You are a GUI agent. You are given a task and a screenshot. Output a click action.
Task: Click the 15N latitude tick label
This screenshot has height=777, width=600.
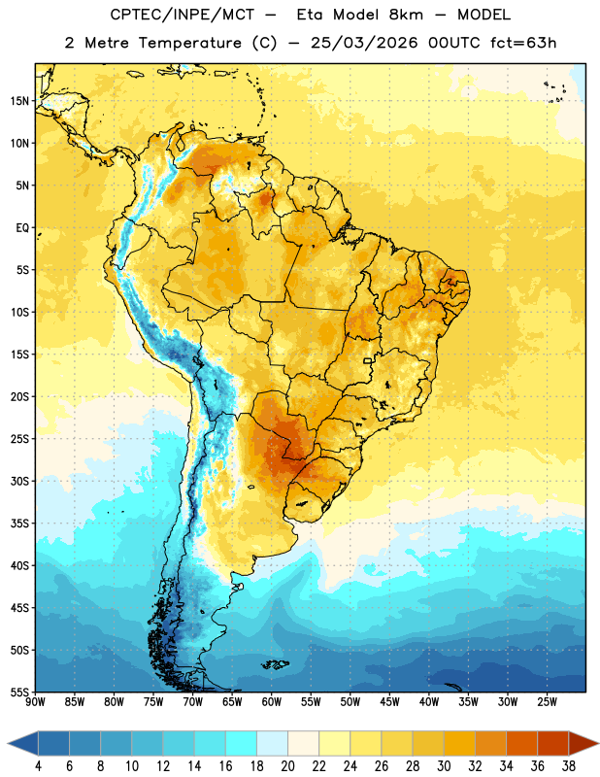click(20, 101)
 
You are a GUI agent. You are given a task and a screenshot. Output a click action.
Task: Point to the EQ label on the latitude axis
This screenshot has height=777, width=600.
click(22, 228)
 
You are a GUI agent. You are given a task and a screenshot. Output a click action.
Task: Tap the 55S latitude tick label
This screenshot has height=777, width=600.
click(20, 692)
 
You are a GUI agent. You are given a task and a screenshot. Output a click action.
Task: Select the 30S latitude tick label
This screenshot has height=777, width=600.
click(20, 481)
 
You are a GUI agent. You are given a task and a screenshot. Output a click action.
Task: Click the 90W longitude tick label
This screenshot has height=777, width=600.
click(35, 702)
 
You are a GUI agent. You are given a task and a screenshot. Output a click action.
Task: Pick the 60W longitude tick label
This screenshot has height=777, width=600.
click(272, 702)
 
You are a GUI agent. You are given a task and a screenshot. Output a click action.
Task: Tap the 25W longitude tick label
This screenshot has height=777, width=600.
click(547, 702)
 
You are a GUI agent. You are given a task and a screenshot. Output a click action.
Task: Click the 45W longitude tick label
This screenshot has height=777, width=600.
click(389, 702)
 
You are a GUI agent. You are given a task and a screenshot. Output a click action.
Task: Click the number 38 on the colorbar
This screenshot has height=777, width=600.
click(568, 766)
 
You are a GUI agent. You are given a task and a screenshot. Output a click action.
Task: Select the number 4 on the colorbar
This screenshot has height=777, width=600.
click(38, 766)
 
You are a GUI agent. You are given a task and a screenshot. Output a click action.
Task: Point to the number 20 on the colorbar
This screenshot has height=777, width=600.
click(287, 766)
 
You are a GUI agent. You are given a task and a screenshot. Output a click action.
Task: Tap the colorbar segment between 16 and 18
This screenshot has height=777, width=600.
click(242, 743)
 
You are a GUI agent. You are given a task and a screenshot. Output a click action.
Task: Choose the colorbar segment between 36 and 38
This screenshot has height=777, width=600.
click(553, 743)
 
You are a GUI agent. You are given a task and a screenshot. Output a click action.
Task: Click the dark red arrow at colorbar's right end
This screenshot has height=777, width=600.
click(583, 743)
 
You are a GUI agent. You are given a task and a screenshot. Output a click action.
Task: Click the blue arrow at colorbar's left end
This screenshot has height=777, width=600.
click(22, 743)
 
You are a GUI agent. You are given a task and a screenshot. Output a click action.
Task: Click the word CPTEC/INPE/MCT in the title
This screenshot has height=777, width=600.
click(182, 15)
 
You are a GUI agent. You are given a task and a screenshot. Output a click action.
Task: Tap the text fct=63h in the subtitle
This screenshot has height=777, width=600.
click(523, 43)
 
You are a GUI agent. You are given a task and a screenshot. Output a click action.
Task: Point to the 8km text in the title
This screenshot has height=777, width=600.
click(406, 15)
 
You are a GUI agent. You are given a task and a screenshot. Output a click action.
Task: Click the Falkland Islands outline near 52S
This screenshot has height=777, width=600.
click(275, 664)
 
